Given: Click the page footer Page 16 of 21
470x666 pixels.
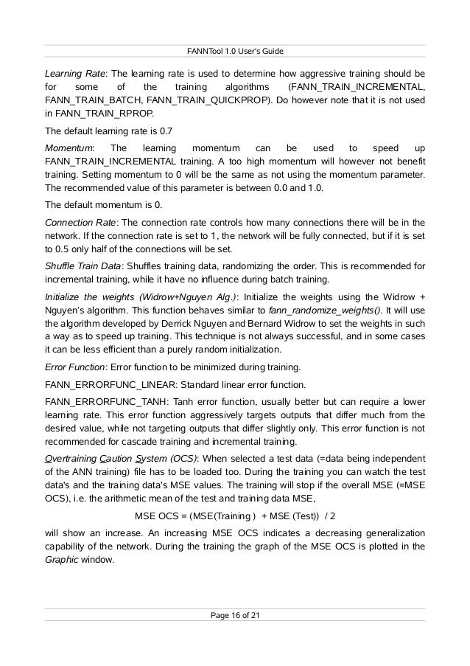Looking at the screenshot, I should tap(234, 614).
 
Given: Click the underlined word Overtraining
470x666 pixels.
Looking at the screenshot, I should tap(71, 461).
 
